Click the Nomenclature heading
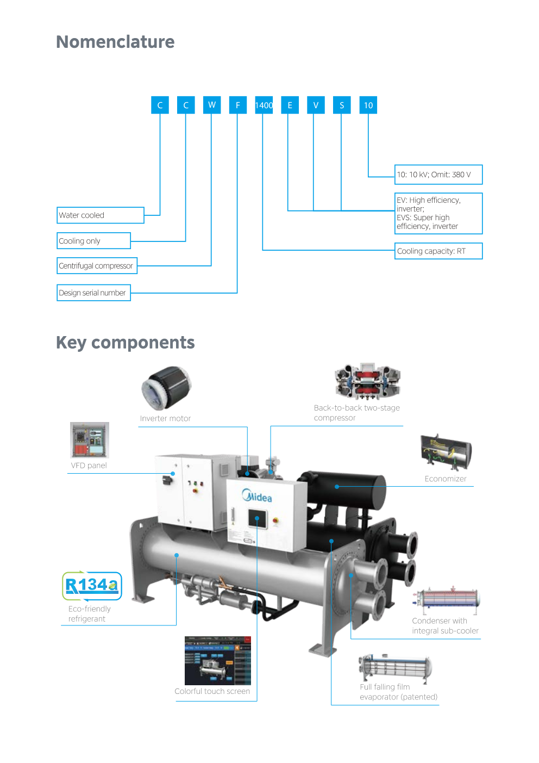115,42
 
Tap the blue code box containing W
211,105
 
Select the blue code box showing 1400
264,105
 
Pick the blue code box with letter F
237,105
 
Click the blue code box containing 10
368,105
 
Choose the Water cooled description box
101,215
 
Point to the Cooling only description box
93,241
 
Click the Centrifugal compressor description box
97,266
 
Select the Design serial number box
93,293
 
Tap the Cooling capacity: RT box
438,251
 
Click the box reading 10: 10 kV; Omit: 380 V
438,175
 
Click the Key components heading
125,343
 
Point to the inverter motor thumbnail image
166,387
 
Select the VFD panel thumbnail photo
90,440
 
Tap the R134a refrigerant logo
92,586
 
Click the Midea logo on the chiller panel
257,496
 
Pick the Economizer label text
446,479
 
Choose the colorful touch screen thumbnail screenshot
218,660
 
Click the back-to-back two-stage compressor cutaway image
367,381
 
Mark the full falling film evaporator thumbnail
395,667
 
